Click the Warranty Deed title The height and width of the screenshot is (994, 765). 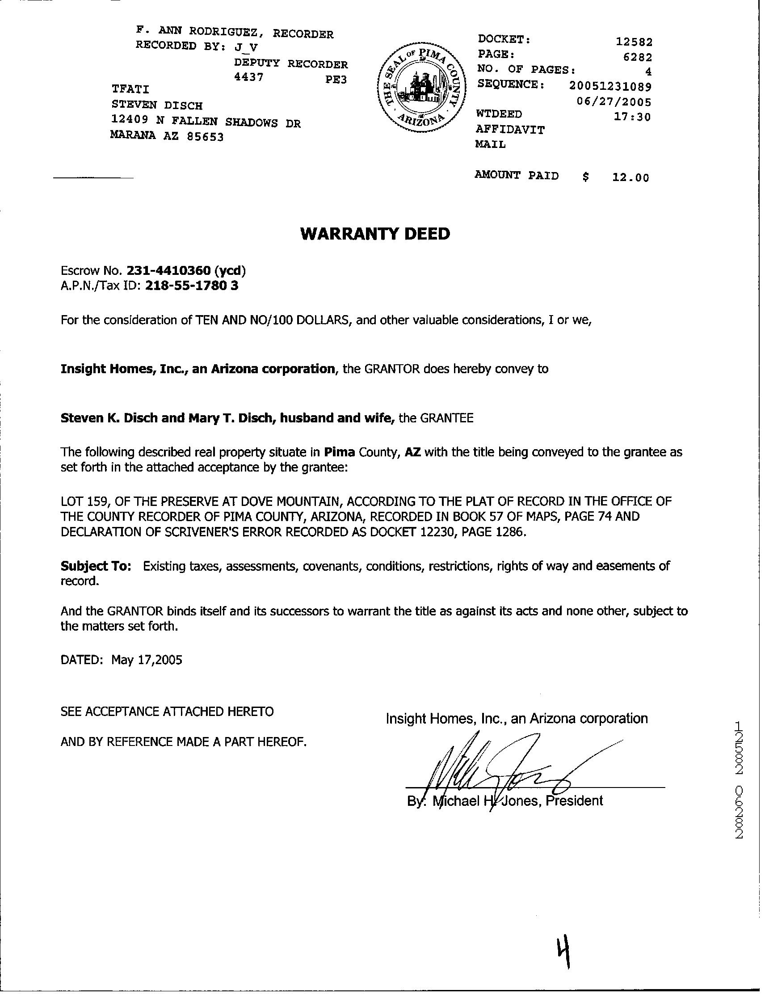(375, 233)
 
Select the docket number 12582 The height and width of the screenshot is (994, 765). (634, 42)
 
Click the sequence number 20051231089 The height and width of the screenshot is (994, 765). (610, 85)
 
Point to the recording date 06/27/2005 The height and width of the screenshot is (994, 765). (614, 101)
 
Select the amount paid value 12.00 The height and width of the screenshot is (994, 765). (630, 177)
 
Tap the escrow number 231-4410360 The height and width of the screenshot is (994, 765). (168, 271)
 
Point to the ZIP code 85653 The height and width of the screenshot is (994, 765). (205, 137)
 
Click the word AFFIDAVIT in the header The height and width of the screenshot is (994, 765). (510, 130)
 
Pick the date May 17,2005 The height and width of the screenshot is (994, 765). (147, 660)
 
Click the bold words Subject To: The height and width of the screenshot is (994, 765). (96, 566)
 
